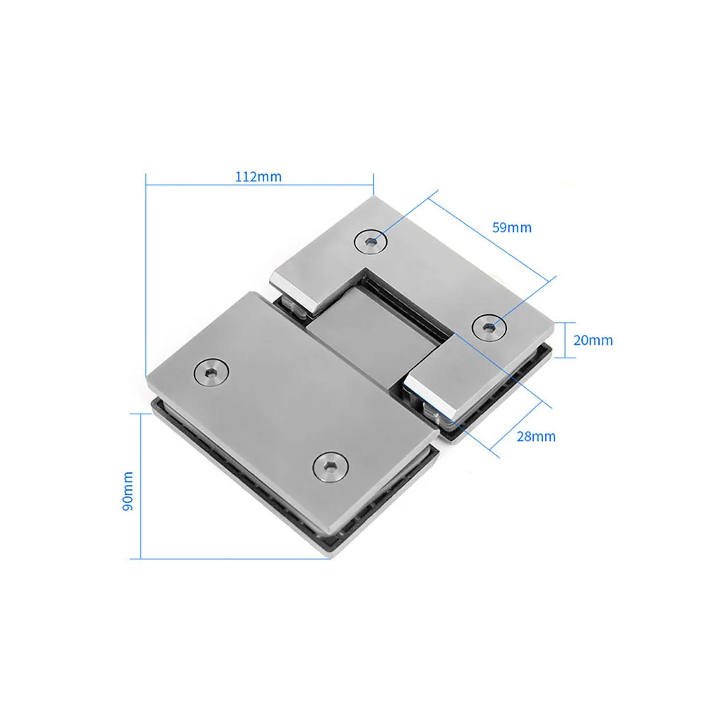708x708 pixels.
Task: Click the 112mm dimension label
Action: [x=258, y=176]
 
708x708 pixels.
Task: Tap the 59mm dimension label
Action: [x=512, y=227]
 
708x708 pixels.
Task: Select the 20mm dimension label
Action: [x=593, y=340]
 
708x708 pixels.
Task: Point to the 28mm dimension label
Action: [x=536, y=437]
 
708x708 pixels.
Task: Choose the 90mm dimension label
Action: [x=128, y=491]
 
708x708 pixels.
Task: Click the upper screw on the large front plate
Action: [x=211, y=372]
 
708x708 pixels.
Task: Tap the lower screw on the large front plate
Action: [x=331, y=467]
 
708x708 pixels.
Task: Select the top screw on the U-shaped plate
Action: [x=371, y=242]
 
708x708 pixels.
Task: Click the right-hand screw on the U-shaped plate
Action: [x=489, y=327]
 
